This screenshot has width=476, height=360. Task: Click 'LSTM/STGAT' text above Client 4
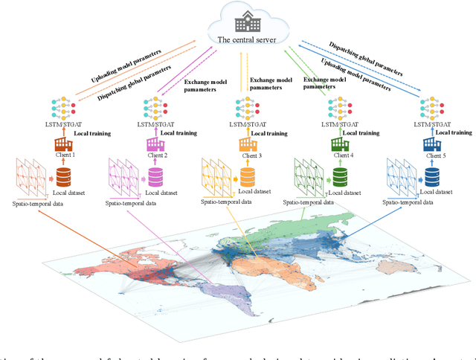(339, 122)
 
